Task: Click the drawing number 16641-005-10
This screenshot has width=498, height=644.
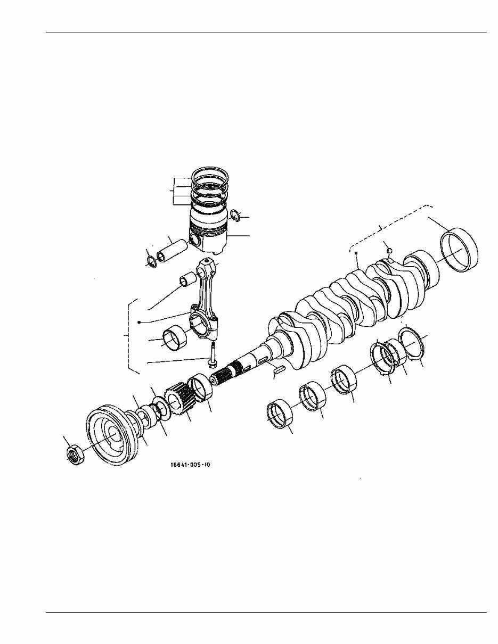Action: [190, 465]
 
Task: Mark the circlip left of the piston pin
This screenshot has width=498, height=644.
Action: [151, 261]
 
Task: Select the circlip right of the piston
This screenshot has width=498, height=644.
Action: [235, 216]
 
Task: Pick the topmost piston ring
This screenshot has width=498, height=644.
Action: [210, 175]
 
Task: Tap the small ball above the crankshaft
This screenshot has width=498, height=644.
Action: [389, 250]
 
